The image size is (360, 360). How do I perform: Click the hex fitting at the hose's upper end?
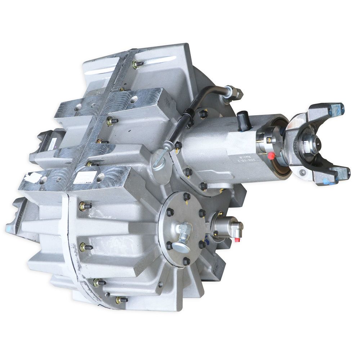(x=234, y=93)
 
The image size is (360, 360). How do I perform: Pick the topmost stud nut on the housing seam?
(x=137, y=64)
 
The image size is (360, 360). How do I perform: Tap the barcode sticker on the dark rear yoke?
(x=51, y=144)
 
